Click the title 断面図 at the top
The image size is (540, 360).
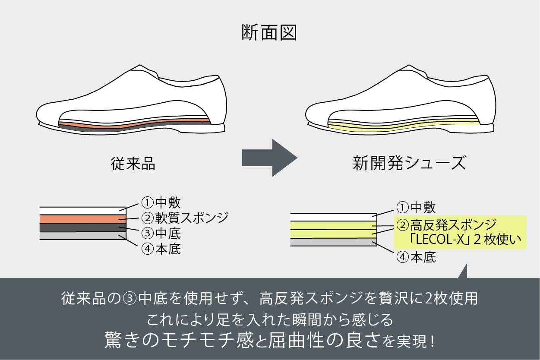point(269,33)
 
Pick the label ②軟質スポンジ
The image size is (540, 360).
point(185,217)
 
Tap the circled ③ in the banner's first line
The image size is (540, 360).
point(129,299)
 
